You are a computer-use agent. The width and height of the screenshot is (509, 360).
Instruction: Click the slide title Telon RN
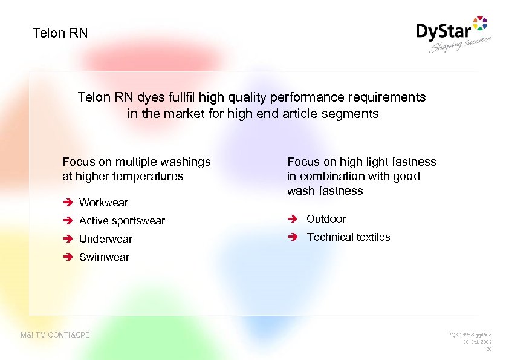[60, 33]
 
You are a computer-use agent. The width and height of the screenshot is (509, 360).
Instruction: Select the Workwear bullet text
[103, 202]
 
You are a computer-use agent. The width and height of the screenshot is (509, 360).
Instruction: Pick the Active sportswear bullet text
[122, 221]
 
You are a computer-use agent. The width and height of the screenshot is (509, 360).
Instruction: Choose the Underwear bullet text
[105, 239]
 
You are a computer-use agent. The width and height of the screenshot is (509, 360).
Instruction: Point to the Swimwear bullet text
[104, 257]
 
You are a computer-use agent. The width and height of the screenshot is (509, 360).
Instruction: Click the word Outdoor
[326, 219]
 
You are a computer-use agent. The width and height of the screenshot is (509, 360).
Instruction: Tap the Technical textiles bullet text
[348, 237]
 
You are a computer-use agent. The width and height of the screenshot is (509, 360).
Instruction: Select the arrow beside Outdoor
[294, 219]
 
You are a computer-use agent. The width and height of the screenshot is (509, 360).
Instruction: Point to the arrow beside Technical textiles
[294, 237]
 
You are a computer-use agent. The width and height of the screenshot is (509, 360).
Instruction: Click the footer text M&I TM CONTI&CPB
[55, 335]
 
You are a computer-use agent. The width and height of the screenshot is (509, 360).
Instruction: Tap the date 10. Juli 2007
[478, 342]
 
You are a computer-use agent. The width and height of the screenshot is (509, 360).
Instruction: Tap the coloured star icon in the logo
[479, 24]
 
